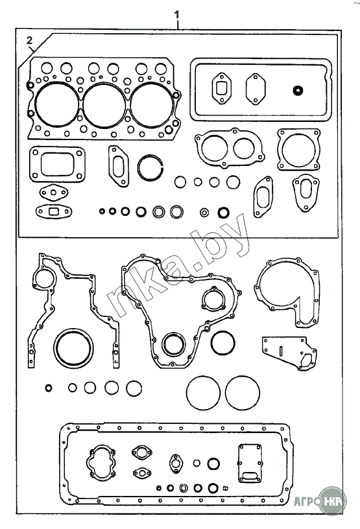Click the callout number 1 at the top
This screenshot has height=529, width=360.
pyautogui.click(x=176, y=15)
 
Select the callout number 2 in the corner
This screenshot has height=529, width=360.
pyautogui.click(x=30, y=41)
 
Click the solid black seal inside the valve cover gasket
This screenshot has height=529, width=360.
pyautogui.click(x=298, y=90)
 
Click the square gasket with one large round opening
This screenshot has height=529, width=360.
pyautogui.click(x=280, y=150)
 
